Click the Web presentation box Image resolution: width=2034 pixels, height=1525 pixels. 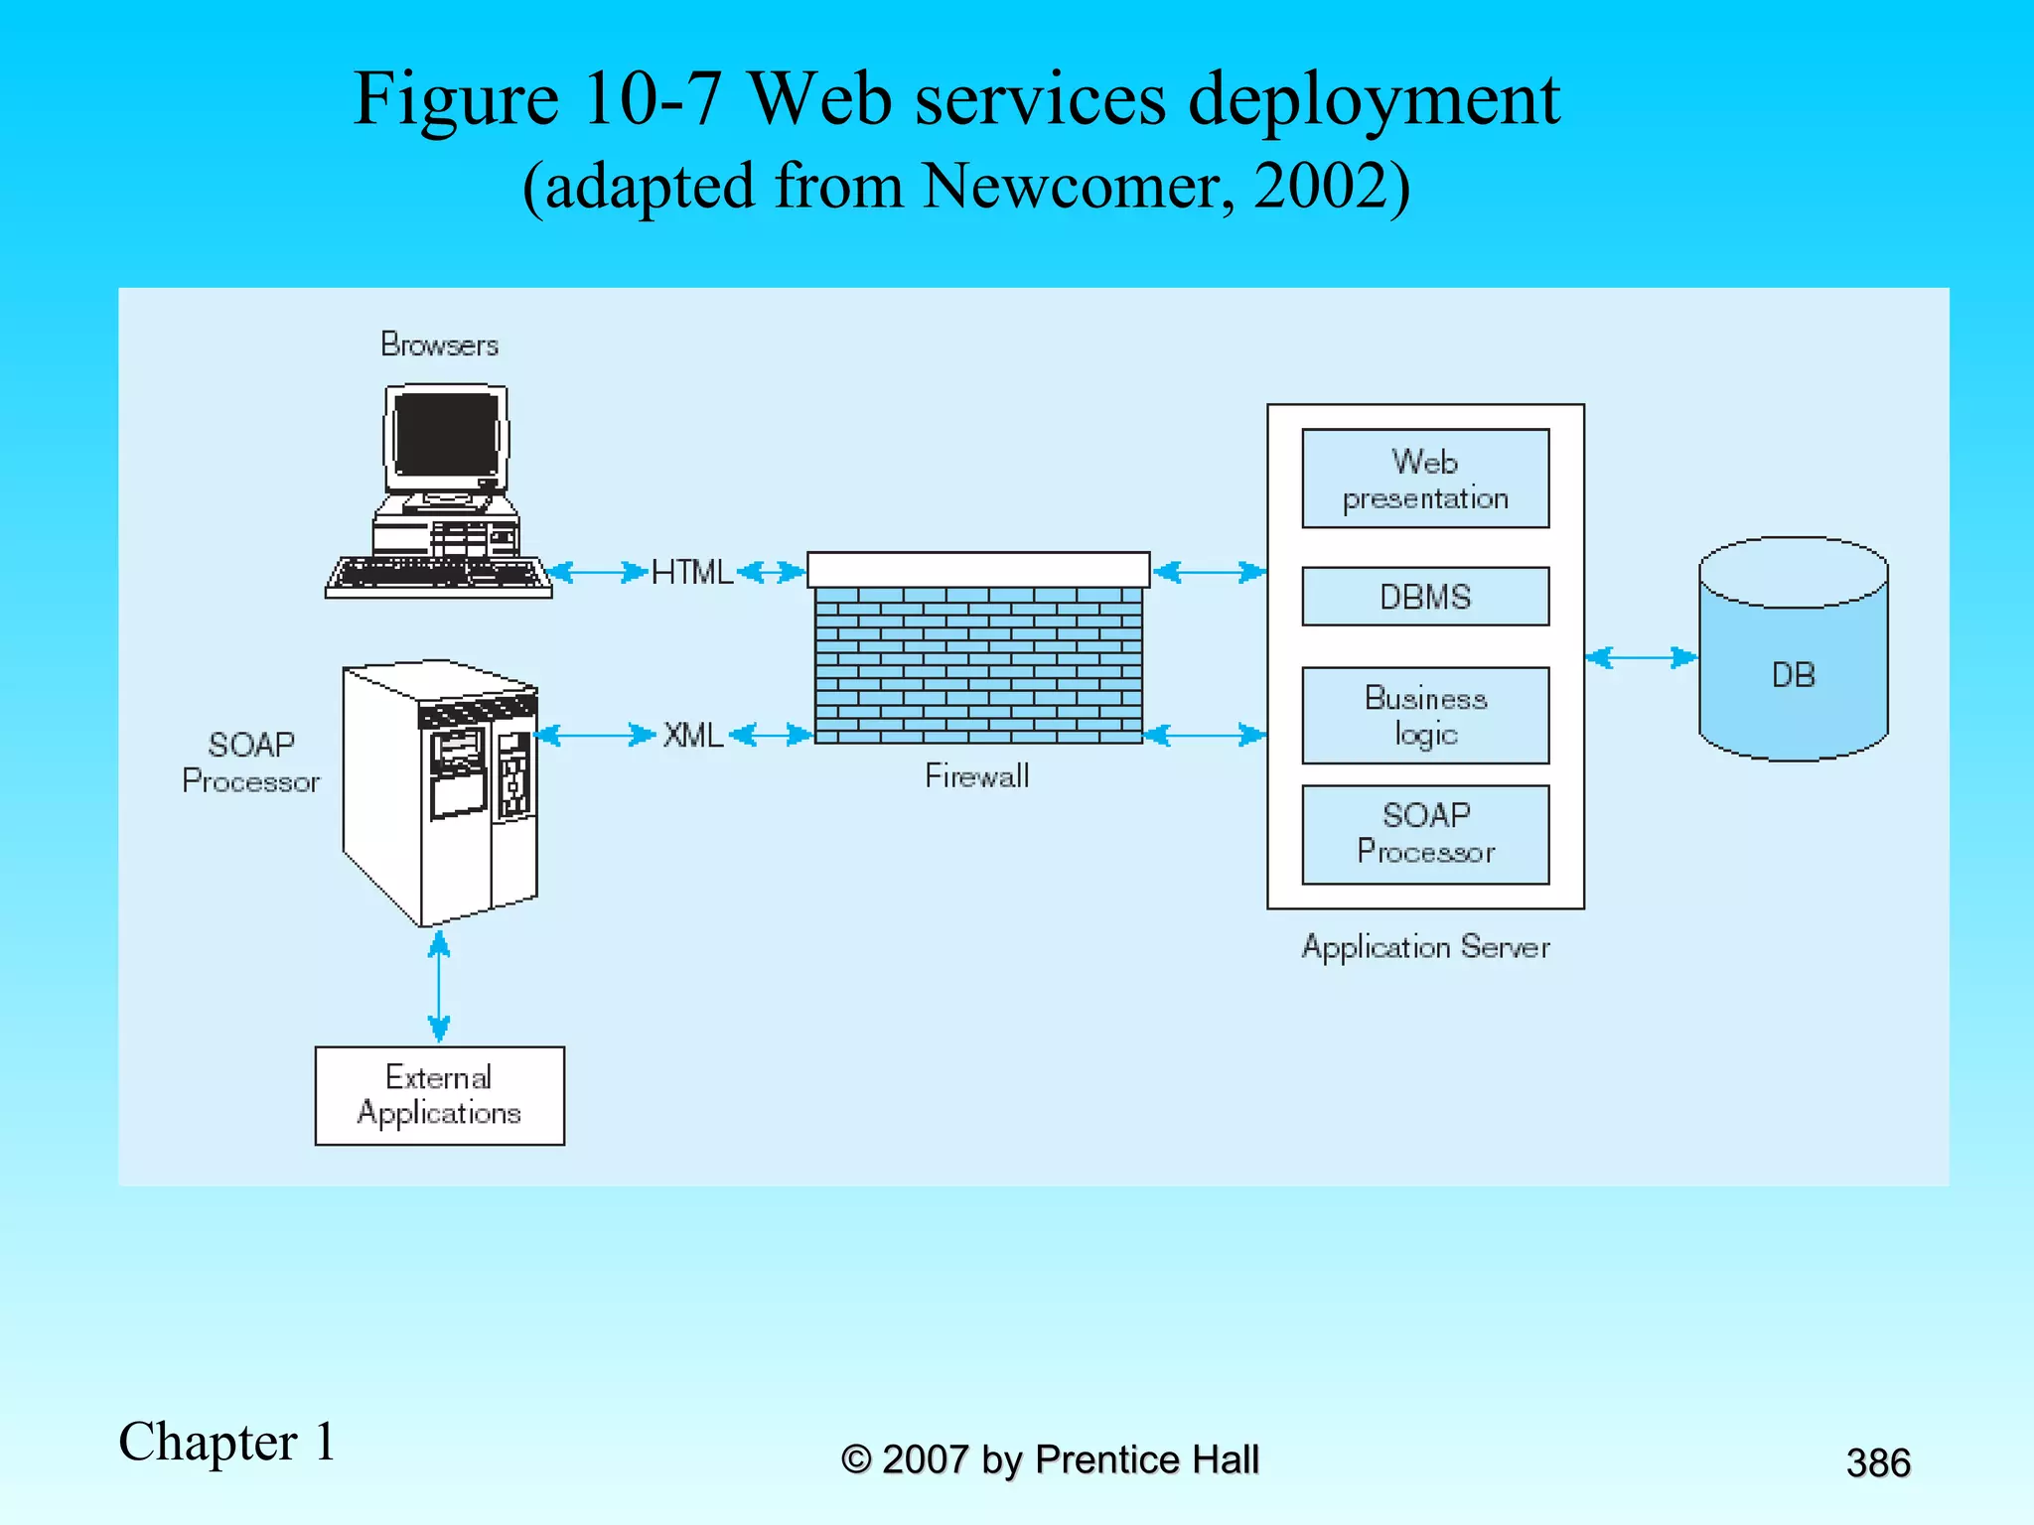(x=1425, y=479)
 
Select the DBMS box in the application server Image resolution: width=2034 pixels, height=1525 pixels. (x=1425, y=597)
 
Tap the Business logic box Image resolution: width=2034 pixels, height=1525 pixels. (x=1425, y=716)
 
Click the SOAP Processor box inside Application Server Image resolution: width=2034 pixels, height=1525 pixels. (x=1425, y=834)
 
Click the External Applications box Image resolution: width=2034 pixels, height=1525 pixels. (x=439, y=1095)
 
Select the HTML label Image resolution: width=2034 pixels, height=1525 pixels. (x=691, y=573)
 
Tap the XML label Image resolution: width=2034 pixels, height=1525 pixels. (x=692, y=736)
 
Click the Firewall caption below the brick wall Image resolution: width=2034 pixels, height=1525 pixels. (x=976, y=776)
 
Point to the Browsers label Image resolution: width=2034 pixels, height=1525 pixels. (x=439, y=345)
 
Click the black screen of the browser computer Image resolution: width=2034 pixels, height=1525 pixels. (x=447, y=434)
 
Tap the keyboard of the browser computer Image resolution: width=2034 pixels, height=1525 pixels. (x=438, y=575)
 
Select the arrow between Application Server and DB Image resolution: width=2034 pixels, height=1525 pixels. (x=1642, y=657)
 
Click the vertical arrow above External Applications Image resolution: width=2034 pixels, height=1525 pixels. (x=439, y=986)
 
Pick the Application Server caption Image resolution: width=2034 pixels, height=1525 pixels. (x=1425, y=947)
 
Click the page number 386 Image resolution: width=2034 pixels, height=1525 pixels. (x=1877, y=1463)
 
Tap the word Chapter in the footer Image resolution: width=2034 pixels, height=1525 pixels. (x=208, y=1443)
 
